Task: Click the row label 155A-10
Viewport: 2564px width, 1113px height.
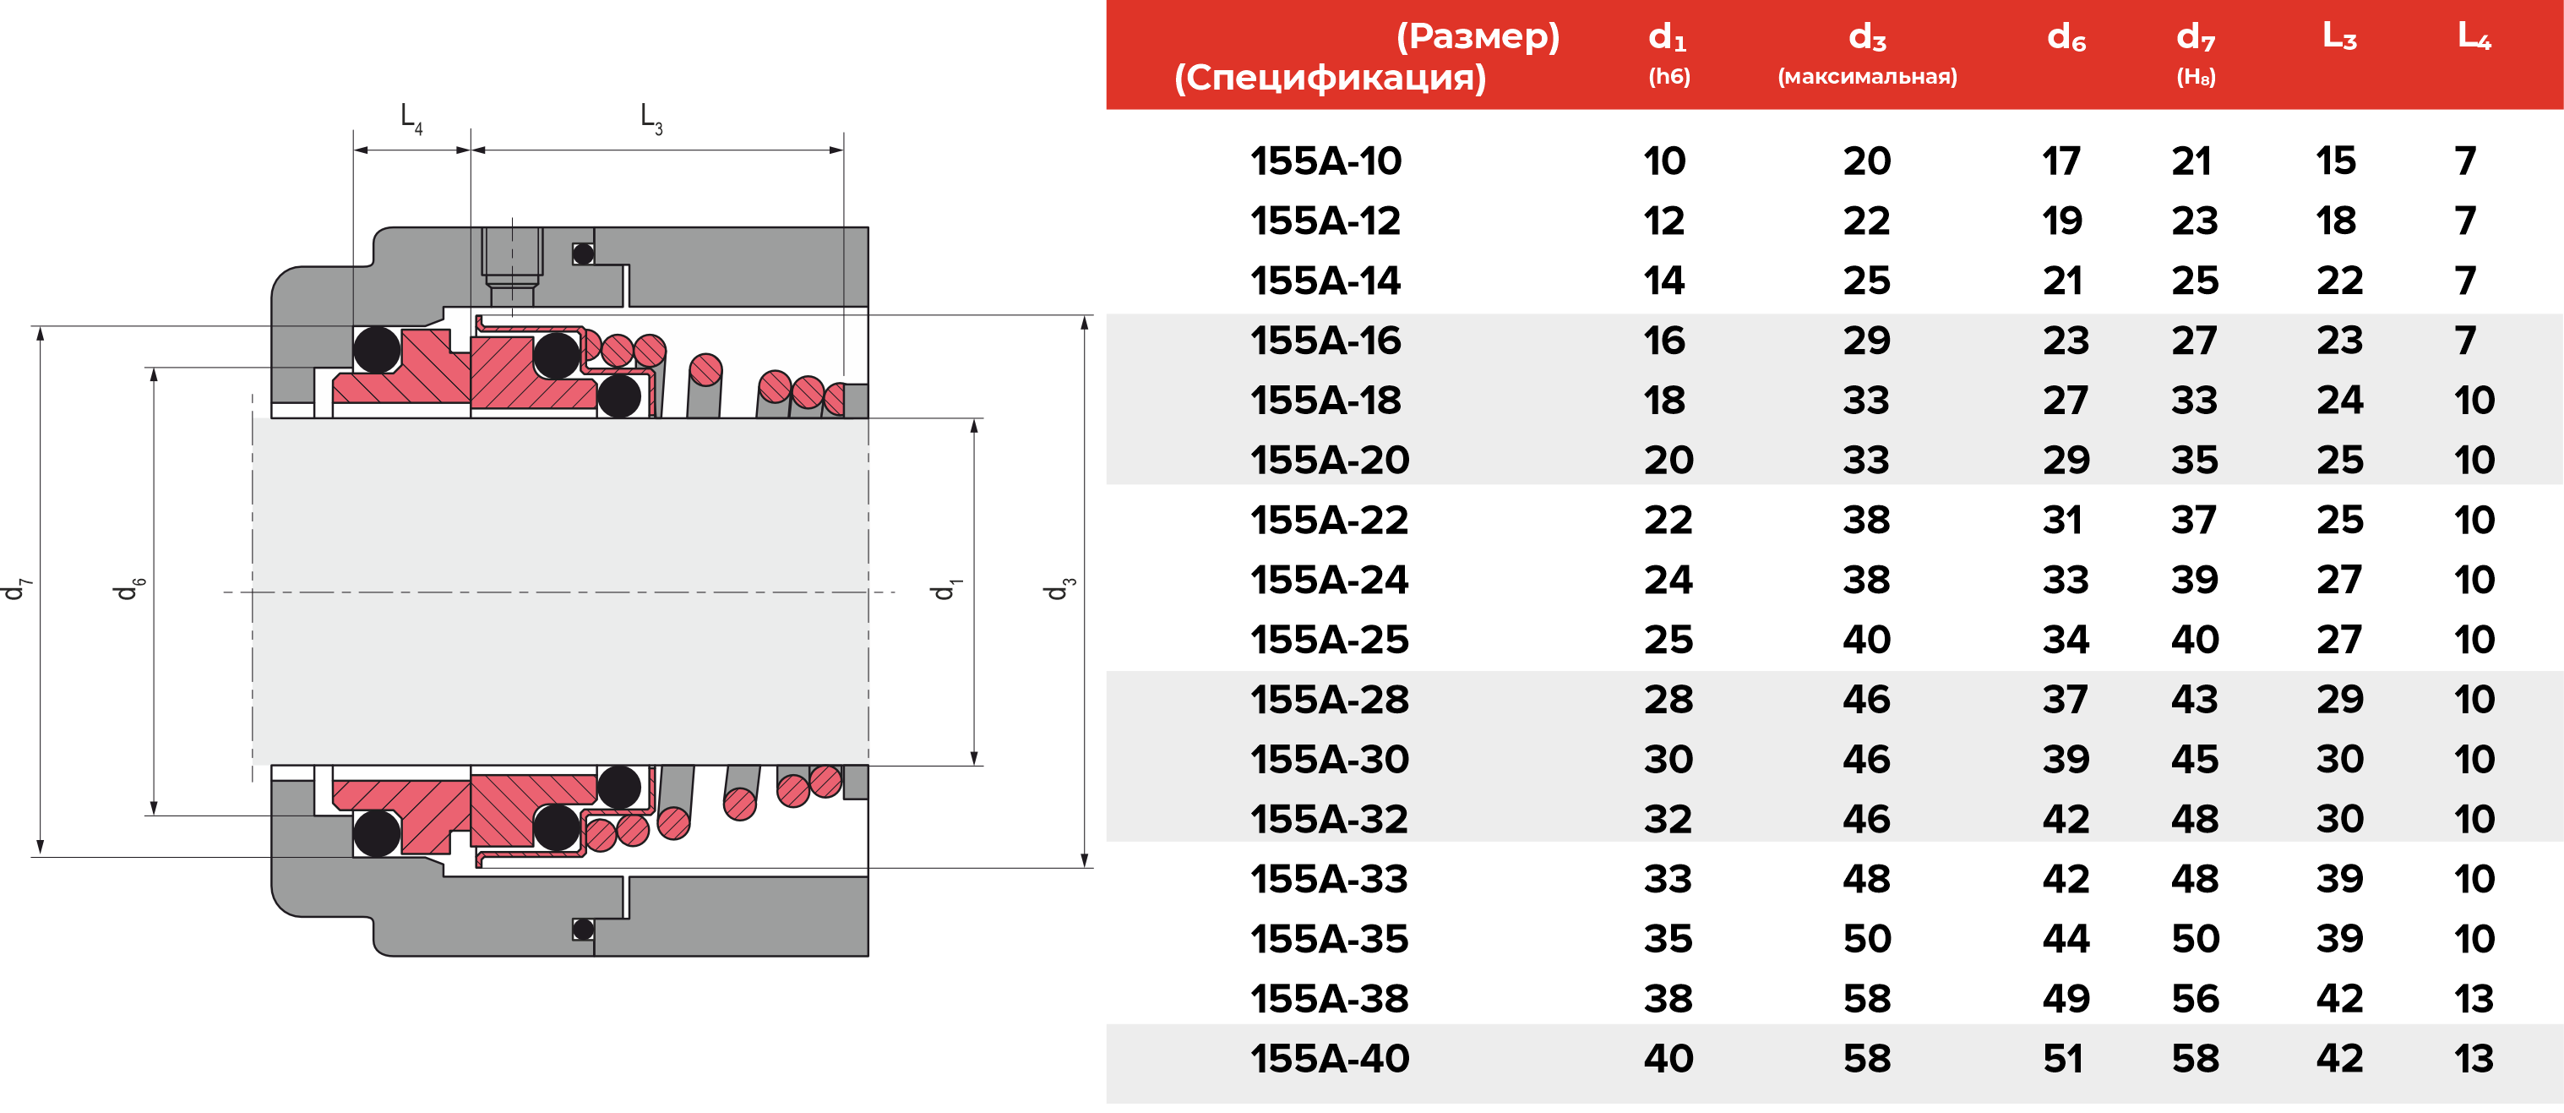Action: pyautogui.click(x=1325, y=161)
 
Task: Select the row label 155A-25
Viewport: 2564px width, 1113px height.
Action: pyautogui.click(x=1329, y=640)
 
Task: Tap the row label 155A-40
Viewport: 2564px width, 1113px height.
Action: pyautogui.click(x=1329, y=1058)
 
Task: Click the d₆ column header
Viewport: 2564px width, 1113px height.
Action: pyautogui.click(x=2066, y=38)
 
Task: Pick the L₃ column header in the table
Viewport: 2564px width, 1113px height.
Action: pyautogui.click(x=2339, y=37)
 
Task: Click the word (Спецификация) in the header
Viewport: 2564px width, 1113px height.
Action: pyautogui.click(x=1330, y=78)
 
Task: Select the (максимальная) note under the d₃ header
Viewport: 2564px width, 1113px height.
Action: pyautogui.click(x=1867, y=77)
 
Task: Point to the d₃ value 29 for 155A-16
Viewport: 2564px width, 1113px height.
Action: pyautogui.click(x=1866, y=341)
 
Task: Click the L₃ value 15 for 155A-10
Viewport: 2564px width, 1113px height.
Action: pyautogui.click(x=2335, y=161)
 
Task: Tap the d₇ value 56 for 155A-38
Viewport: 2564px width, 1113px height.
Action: pyautogui.click(x=2195, y=999)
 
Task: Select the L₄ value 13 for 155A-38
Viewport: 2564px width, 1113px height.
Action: pyautogui.click(x=2474, y=999)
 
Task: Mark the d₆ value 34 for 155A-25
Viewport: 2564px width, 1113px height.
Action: pyautogui.click(x=2066, y=640)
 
